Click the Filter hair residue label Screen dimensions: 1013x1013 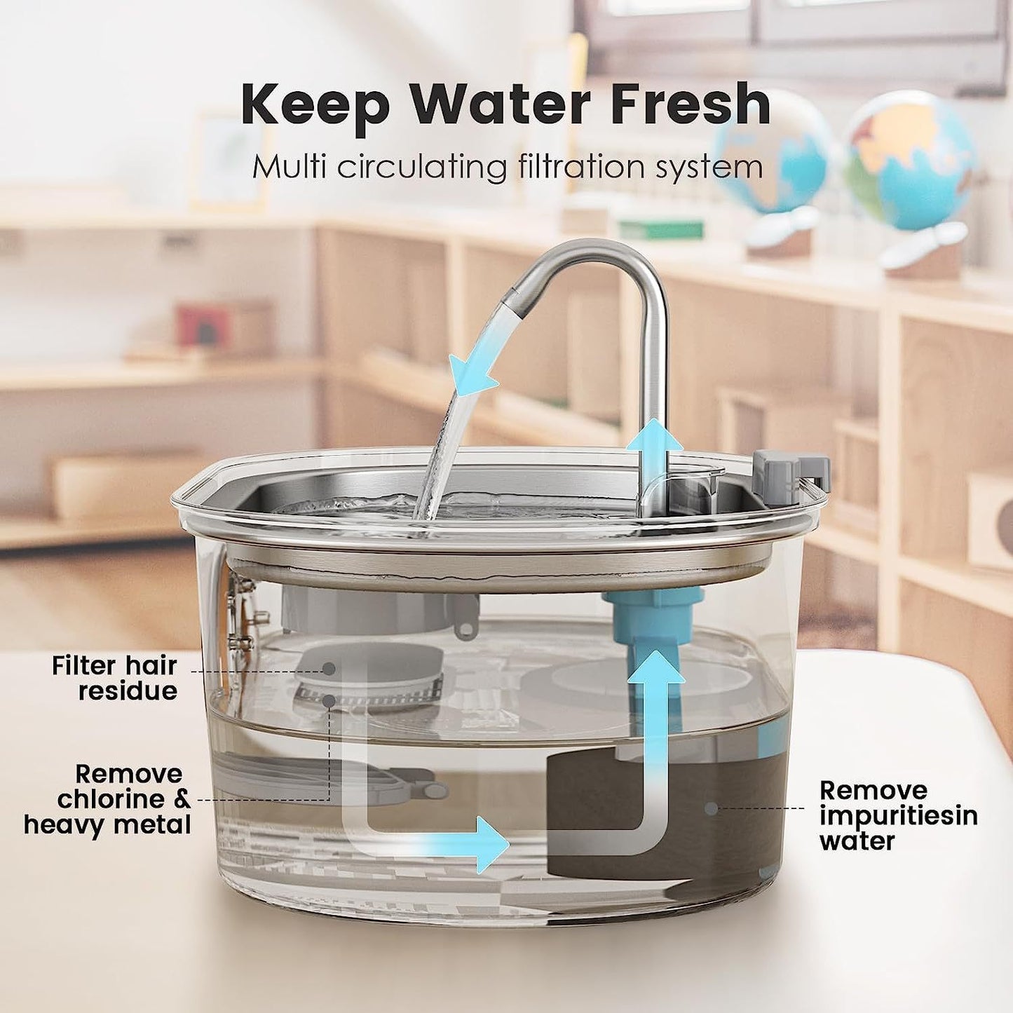pos(114,677)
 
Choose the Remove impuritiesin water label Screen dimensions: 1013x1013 pos(898,815)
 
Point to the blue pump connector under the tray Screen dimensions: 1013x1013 pos(652,610)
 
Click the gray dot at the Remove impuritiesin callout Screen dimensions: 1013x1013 pos(711,808)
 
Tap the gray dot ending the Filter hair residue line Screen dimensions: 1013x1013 pos(328,669)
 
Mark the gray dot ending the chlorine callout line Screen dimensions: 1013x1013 pos(328,700)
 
